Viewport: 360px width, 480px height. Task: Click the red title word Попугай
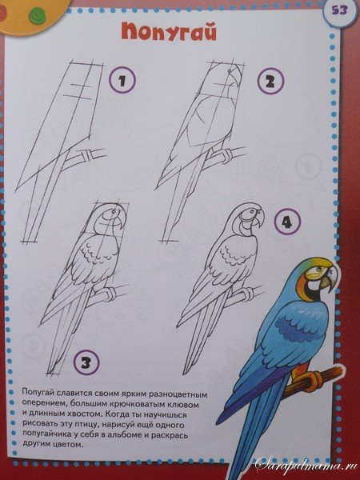[x=169, y=32]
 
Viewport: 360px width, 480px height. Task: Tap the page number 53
[x=339, y=10]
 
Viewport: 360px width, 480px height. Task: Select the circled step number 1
[x=122, y=81]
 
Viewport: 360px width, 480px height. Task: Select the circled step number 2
[x=270, y=81]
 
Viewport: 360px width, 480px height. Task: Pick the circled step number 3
[x=86, y=363]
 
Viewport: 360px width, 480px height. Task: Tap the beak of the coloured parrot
[x=330, y=279]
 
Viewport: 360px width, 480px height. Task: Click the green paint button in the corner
[x=37, y=16]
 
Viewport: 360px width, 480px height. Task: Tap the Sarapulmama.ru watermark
[x=306, y=467]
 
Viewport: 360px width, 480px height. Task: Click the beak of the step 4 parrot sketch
[x=259, y=219]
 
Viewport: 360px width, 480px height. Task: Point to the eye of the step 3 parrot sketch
[x=114, y=211]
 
